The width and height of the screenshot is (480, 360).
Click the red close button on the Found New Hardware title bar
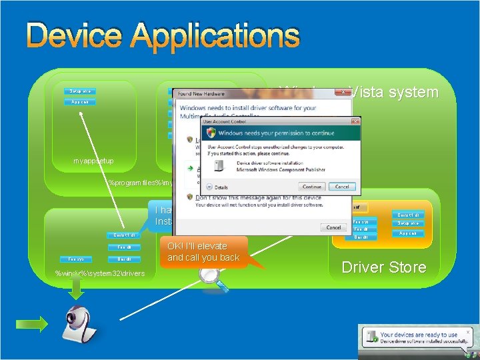(x=343, y=93)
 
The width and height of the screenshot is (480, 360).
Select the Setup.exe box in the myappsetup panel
(x=81, y=91)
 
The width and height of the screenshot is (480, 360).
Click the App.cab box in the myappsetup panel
(x=81, y=102)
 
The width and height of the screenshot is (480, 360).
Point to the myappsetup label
(x=93, y=161)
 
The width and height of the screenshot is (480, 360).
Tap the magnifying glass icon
(x=215, y=279)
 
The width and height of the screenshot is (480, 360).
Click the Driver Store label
(x=383, y=267)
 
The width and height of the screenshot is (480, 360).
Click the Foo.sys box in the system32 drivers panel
(x=76, y=259)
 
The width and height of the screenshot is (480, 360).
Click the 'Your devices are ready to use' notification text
(x=419, y=335)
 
